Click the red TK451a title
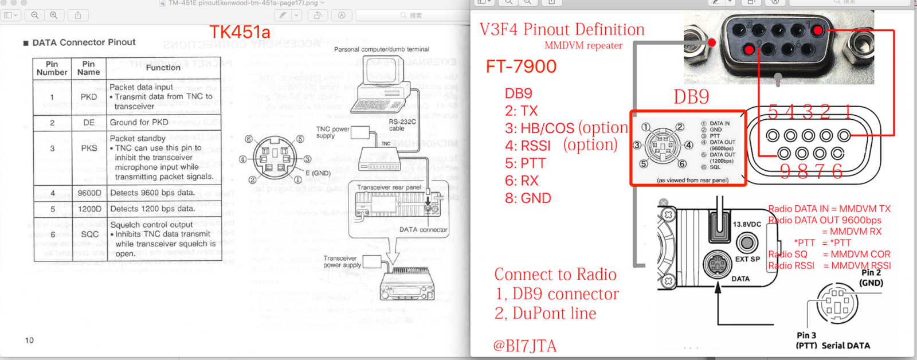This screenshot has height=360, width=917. [x=240, y=32]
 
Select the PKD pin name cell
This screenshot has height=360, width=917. [x=89, y=97]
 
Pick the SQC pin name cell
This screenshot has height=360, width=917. [x=89, y=234]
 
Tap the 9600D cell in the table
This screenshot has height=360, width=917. [x=89, y=193]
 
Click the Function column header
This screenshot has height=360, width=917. [x=163, y=68]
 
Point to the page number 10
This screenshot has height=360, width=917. [x=29, y=341]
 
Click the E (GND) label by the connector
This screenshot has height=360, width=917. [x=318, y=173]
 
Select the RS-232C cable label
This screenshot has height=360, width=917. [x=402, y=125]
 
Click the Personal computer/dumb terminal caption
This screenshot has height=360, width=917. [x=381, y=50]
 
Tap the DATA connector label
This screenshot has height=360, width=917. [x=423, y=230]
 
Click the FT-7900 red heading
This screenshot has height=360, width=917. [x=521, y=66]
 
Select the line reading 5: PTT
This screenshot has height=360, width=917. [x=525, y=163]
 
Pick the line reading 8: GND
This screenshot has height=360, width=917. [x=528, y=198]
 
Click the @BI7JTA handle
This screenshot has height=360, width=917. [x=524, y=346]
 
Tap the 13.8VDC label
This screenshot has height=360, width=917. [x=747, y=225]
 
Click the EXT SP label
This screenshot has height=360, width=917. [x=747, y=259]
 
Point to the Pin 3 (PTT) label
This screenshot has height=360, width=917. [x=806, y=340]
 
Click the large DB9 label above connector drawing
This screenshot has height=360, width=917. [x=691, y=97]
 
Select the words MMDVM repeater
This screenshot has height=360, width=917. [x=583, y=46]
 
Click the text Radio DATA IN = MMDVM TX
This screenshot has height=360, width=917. [x=829, y=209]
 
